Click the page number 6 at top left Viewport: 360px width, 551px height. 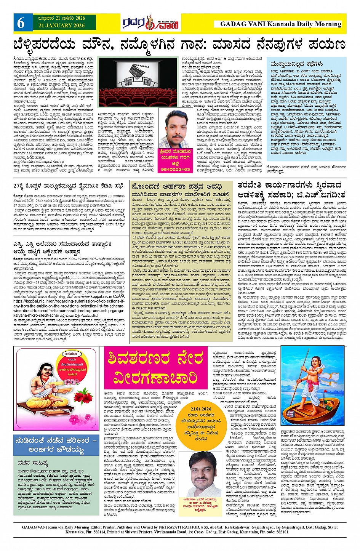(21, 23)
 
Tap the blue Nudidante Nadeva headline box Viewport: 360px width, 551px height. (56, 445)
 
